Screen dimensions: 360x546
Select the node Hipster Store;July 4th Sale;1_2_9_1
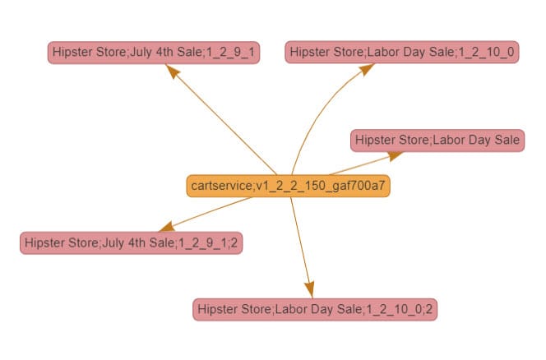[x=154, y=53]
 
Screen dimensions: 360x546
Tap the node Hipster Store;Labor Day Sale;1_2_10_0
[x=403, y=53]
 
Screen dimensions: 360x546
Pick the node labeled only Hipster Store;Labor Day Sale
[x=437, y=141]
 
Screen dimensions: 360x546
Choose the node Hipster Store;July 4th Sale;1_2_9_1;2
[x=132, y=243]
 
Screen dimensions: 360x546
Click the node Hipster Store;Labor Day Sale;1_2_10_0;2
[x=316, y=310]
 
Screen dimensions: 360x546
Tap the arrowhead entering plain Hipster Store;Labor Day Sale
[x=396, y=154]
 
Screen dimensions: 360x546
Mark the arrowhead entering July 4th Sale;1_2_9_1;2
[x=165, y=226]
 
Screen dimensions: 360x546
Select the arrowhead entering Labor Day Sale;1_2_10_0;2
[x=309, y=289]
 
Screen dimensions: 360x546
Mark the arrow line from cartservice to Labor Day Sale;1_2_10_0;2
[x=301, y=238]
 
